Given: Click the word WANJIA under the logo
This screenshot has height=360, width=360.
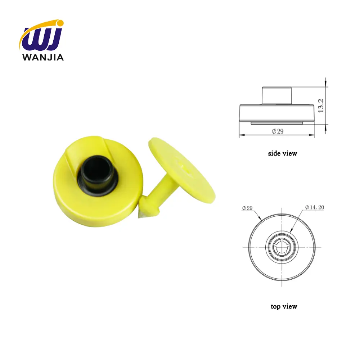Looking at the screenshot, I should [x=43, y=57].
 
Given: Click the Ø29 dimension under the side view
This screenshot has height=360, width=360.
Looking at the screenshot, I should [x=278, y=131].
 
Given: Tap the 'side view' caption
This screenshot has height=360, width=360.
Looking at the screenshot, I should [x=283, y=153].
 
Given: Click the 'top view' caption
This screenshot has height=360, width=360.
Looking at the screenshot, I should [x=284, y=307].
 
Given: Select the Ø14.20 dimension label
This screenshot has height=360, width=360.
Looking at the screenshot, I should [x=314, y=207].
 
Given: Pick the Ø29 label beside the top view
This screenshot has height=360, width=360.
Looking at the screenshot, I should [x=248, y=207].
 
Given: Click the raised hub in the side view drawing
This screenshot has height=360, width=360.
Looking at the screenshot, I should [x=276, y=95].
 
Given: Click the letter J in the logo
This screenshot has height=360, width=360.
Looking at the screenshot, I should [x=56, y=37].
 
